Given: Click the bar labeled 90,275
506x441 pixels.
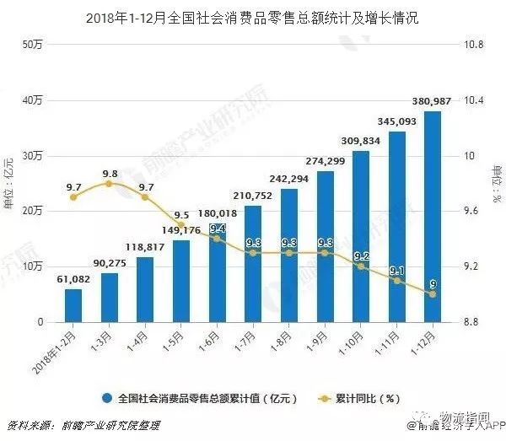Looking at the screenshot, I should (110, 298).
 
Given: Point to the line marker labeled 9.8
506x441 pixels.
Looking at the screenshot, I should (110, 183).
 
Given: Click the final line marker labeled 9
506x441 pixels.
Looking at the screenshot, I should (433, 294).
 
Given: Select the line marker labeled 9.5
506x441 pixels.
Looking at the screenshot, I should (181, 225).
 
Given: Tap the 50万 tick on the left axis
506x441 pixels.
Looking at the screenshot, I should (32, 44).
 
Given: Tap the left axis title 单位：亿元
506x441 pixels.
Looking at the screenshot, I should (9, 183).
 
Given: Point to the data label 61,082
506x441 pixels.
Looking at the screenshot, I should (73, 279).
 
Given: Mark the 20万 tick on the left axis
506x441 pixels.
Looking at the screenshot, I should (32, 211).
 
